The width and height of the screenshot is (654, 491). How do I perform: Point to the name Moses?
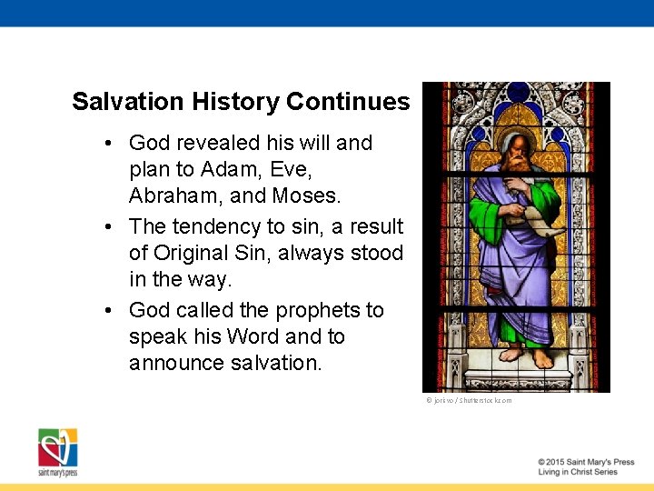312,195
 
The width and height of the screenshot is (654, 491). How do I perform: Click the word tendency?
216,225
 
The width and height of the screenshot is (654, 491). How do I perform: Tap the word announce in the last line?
173,363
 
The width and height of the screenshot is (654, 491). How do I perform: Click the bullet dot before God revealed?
108,144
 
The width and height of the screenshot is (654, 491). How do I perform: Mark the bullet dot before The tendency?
108,226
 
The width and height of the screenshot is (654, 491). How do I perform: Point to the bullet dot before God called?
108,311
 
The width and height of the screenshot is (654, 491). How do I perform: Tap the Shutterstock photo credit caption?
468,400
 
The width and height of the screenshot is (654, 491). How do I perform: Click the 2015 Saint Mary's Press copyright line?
586,462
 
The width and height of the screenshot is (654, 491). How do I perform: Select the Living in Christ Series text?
578,472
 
